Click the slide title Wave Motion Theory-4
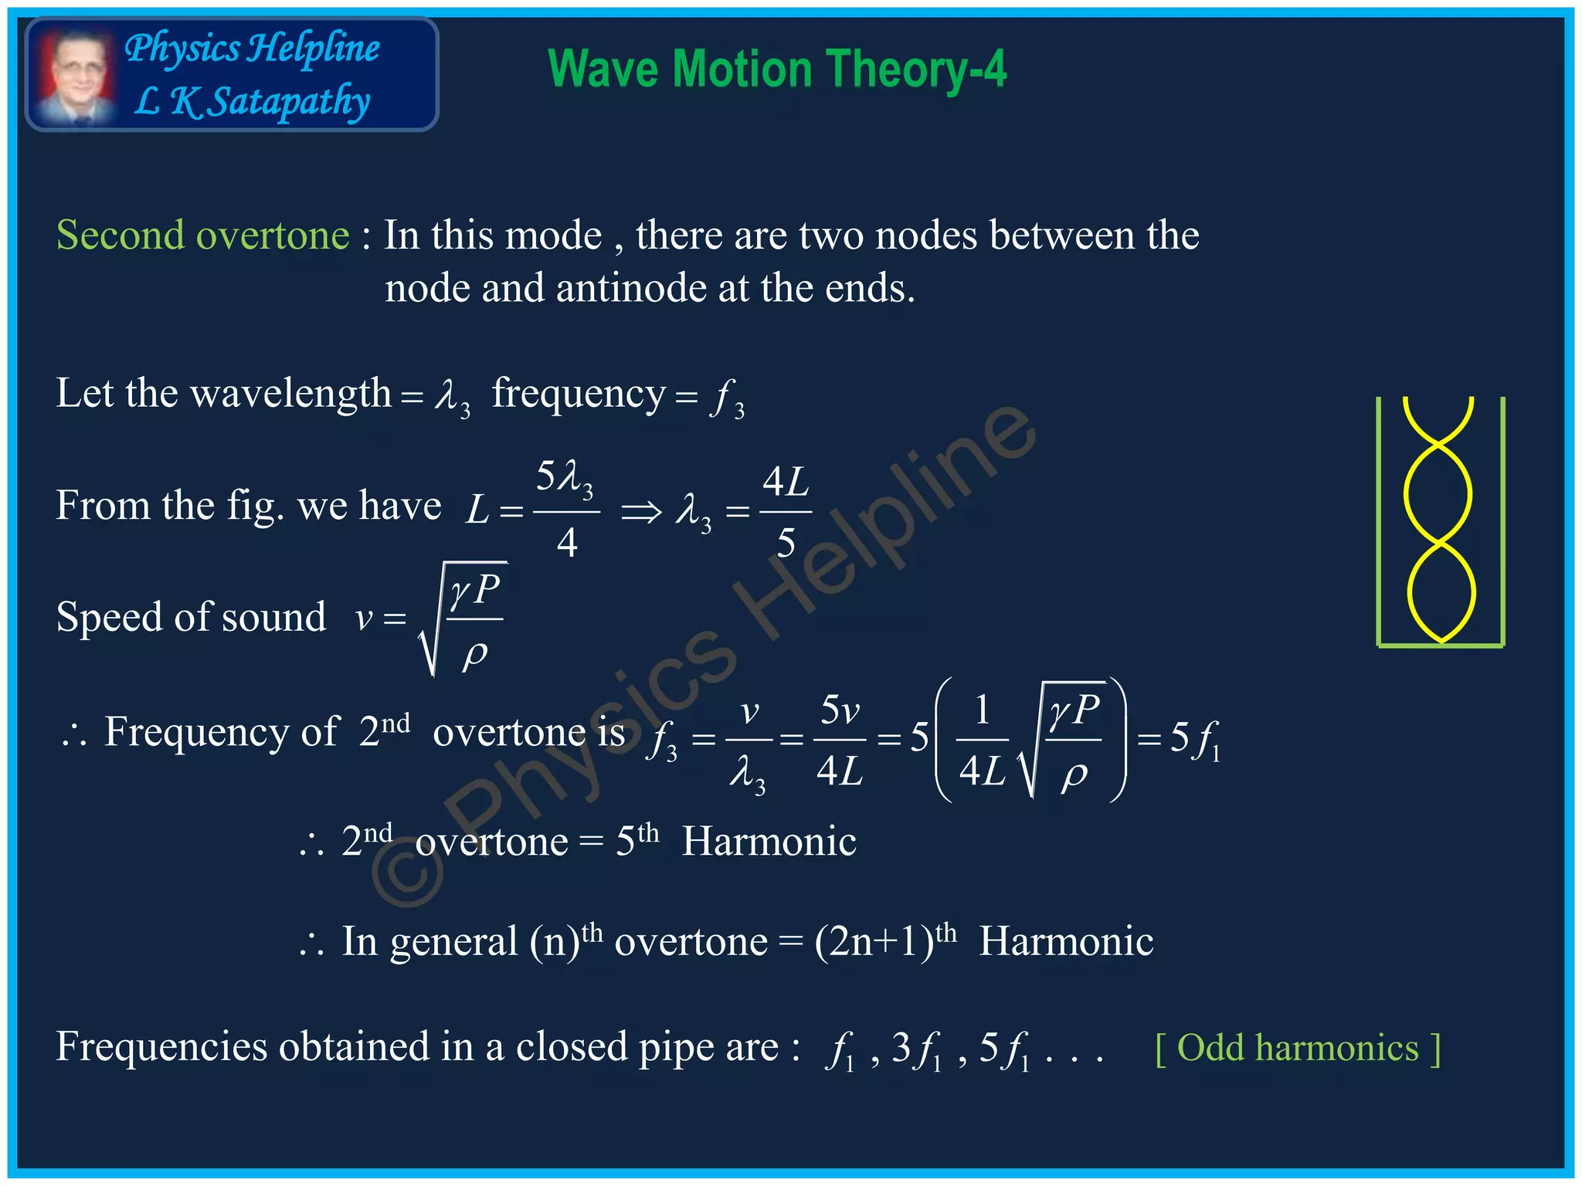pyautogui.click(x=776, y=69)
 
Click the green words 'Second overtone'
pyautogui.click(x=202, y=235)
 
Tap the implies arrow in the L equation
pyautogui.click(x=641, y=510)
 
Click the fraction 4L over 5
pyautogui.click(x=786, y=511)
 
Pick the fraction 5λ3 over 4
pyautogui.click(x=566, y=510)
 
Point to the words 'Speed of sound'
pyautogui.click(x=191, y=617)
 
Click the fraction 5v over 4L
pyautogui.click(x=840, y=740)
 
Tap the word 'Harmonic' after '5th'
pyautogui.click(x=769, y=841)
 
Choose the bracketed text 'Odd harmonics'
pyautogui.click(x=1298, y=1048)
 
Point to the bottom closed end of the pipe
pyautogui.click(x=1441, y=645)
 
